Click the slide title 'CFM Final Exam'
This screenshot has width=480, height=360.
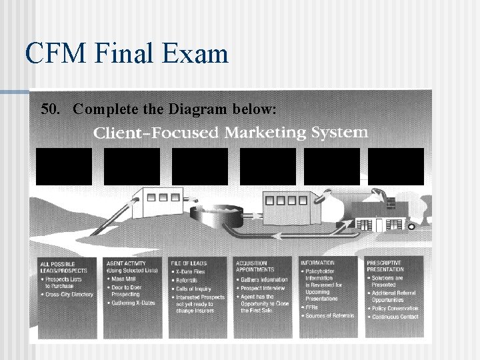[127, 53]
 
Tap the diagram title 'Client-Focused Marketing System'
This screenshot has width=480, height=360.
[230, 132]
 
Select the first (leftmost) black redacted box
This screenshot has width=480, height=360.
[64, 166]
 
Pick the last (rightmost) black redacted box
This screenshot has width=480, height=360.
[395, 166]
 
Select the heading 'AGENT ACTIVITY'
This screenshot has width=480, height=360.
[127, 263]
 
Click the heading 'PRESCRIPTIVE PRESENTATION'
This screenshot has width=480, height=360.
[385, 266]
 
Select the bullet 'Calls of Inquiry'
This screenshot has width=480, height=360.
[193, 288]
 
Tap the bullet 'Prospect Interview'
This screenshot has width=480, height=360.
[261, 288]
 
